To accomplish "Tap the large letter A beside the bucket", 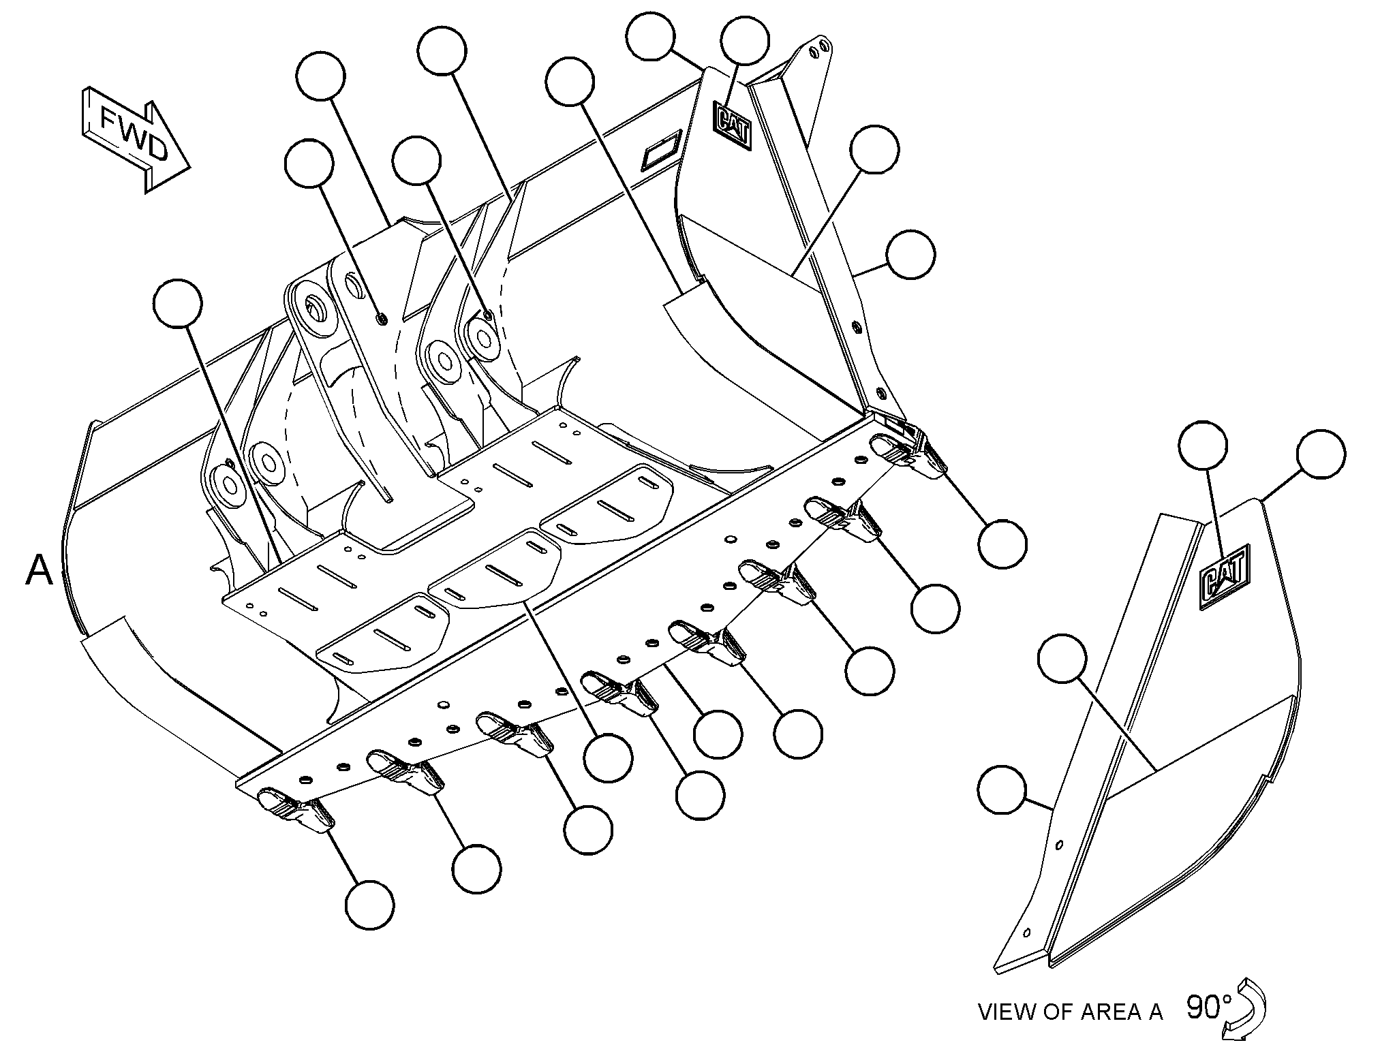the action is tap(39, 569).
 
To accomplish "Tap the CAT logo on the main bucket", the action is tap(732, 125).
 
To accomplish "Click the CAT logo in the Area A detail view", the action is tap(1225, 576).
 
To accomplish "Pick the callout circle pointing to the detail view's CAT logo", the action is tap(1203, 445).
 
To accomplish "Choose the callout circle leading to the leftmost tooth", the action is tap(370, 905).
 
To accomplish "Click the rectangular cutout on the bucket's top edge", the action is tap(661, 150).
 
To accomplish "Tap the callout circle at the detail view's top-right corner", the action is tap(1321, 454).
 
